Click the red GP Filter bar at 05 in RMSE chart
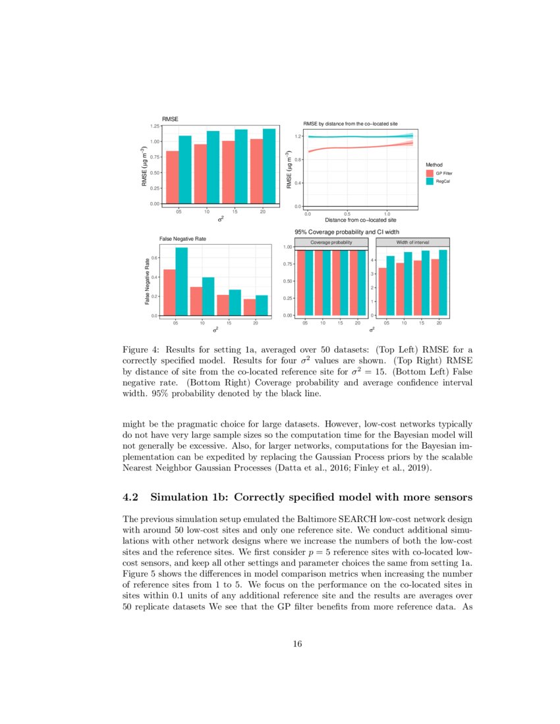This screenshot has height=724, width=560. pyautogui.click(x=172, y=178)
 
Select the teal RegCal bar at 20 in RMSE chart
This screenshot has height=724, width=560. pyautogui.click(x=269, y=167)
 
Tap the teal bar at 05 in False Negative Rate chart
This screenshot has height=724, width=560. pyautogui.click(x=181, y=282)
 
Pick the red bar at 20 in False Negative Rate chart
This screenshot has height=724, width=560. pyautogui.click(x=249, y=307)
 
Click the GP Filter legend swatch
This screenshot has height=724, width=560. pyautogui.click(x=430, y=172)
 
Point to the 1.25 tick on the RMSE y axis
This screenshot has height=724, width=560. pyautogui.click(x=155, y=125)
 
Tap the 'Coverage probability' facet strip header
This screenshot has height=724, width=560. pyautogui.click(x=331, y=242)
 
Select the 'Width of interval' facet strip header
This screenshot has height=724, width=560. pyautogui.click(x=412, y=242)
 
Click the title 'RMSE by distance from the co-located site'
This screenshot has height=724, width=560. pyautogui.click(x=350, y=124)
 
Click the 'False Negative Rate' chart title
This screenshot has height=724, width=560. pyautogui.click(x=182, y=238)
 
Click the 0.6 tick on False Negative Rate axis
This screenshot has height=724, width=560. pyautogui.click(x=155, y=257)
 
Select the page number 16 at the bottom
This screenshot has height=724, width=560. pyautogui.click(x=297, y=644)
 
